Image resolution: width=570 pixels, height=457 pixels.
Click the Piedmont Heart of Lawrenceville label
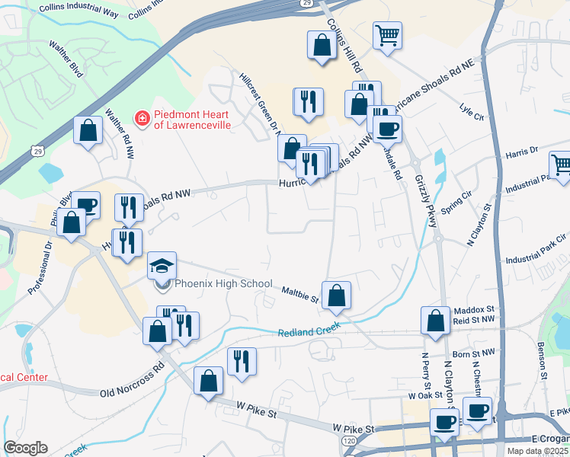coord(192,119)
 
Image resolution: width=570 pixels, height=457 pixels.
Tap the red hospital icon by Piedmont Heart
coord(142,118)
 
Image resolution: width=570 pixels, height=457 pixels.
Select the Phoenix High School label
coord(222,284)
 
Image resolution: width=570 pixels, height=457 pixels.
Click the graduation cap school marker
coord(162,266)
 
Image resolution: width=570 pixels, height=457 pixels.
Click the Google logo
coord(25,448)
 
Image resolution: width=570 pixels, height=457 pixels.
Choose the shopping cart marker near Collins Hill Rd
coord(388,35)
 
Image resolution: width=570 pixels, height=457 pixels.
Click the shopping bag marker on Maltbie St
coord(336,295)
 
